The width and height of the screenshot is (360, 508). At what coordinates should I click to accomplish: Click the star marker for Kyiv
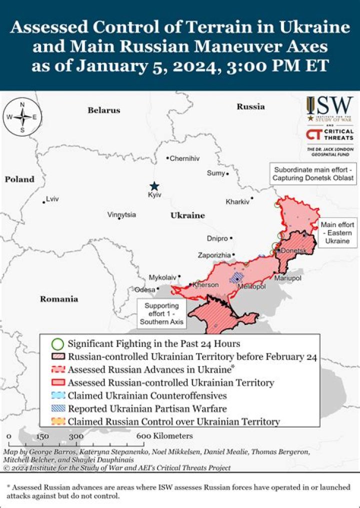click(x=155, y=185)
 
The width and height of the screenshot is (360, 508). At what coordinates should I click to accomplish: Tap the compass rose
click(x=22, y=117)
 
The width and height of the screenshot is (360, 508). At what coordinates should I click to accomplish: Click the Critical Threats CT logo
click(x=313, y=134)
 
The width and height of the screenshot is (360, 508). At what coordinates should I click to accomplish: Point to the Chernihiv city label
click(x=184, y=158)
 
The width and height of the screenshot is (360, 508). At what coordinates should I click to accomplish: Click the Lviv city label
click(x=52, y=199)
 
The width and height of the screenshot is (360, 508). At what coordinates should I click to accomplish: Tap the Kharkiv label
click(x=237, y=202)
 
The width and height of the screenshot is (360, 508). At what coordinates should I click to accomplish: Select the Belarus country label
click(x=104, y=110)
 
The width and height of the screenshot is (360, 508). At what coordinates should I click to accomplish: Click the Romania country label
click(x=59, y=299)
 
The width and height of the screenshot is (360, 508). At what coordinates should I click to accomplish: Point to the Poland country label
click(x=20, y=179)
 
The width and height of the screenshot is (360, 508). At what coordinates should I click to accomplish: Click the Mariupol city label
click(x=287, y=277)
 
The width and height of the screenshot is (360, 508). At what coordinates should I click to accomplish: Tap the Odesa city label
click(x=144, y=289)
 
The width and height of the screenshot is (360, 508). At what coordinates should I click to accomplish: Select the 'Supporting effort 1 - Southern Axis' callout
click(x=161, y=314)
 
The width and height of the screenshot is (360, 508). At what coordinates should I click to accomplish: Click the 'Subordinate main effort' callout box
click(x=313, y=173)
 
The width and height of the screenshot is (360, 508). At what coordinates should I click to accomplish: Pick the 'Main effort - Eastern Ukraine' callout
click(x=338, y=232)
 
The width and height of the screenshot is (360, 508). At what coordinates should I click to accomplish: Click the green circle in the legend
click(x=58, y=344)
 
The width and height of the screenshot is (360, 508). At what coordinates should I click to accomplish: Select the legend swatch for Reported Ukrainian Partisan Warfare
click(x=58, y=409)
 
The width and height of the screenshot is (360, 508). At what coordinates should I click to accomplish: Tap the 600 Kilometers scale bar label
click(x=164, y=436)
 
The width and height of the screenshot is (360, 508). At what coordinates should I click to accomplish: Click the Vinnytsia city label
click(x=121, y=215)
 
